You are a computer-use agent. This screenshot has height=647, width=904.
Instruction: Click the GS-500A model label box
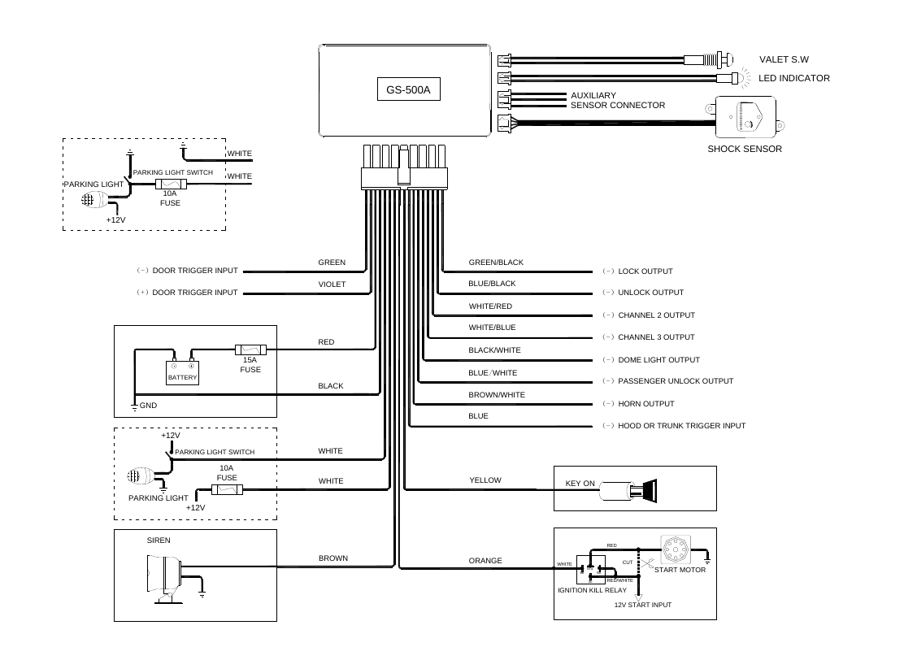[408, 90]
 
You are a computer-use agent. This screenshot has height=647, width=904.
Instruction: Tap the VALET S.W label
[784, 59]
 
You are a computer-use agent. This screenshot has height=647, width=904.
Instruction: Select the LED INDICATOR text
[793, 78]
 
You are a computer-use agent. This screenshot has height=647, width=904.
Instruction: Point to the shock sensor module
[744, 119]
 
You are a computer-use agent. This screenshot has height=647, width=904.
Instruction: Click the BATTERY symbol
[183, 373]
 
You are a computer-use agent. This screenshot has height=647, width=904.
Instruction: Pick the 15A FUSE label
[250, 365]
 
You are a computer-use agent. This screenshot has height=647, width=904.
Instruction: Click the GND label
[148, 405]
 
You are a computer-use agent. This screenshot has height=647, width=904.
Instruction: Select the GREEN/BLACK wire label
[496, 263]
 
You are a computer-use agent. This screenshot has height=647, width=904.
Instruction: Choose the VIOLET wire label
[332, 284]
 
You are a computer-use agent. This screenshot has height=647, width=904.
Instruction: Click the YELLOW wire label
[485, 480]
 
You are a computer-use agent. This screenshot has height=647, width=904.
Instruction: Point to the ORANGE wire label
[485, 561]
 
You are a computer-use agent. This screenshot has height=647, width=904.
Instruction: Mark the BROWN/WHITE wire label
[497, 395]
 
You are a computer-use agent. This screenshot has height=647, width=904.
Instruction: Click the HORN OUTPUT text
[646, 404]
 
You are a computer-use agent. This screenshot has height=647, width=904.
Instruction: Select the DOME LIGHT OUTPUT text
[658, 359]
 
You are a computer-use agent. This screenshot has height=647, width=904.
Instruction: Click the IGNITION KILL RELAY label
[592, 590]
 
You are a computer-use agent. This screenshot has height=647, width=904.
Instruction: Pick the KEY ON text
[580, 484]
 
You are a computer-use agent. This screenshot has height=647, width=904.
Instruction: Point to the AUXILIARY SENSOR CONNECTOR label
[617, 100]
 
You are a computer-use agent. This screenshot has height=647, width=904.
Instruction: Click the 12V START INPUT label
[642, 606]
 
